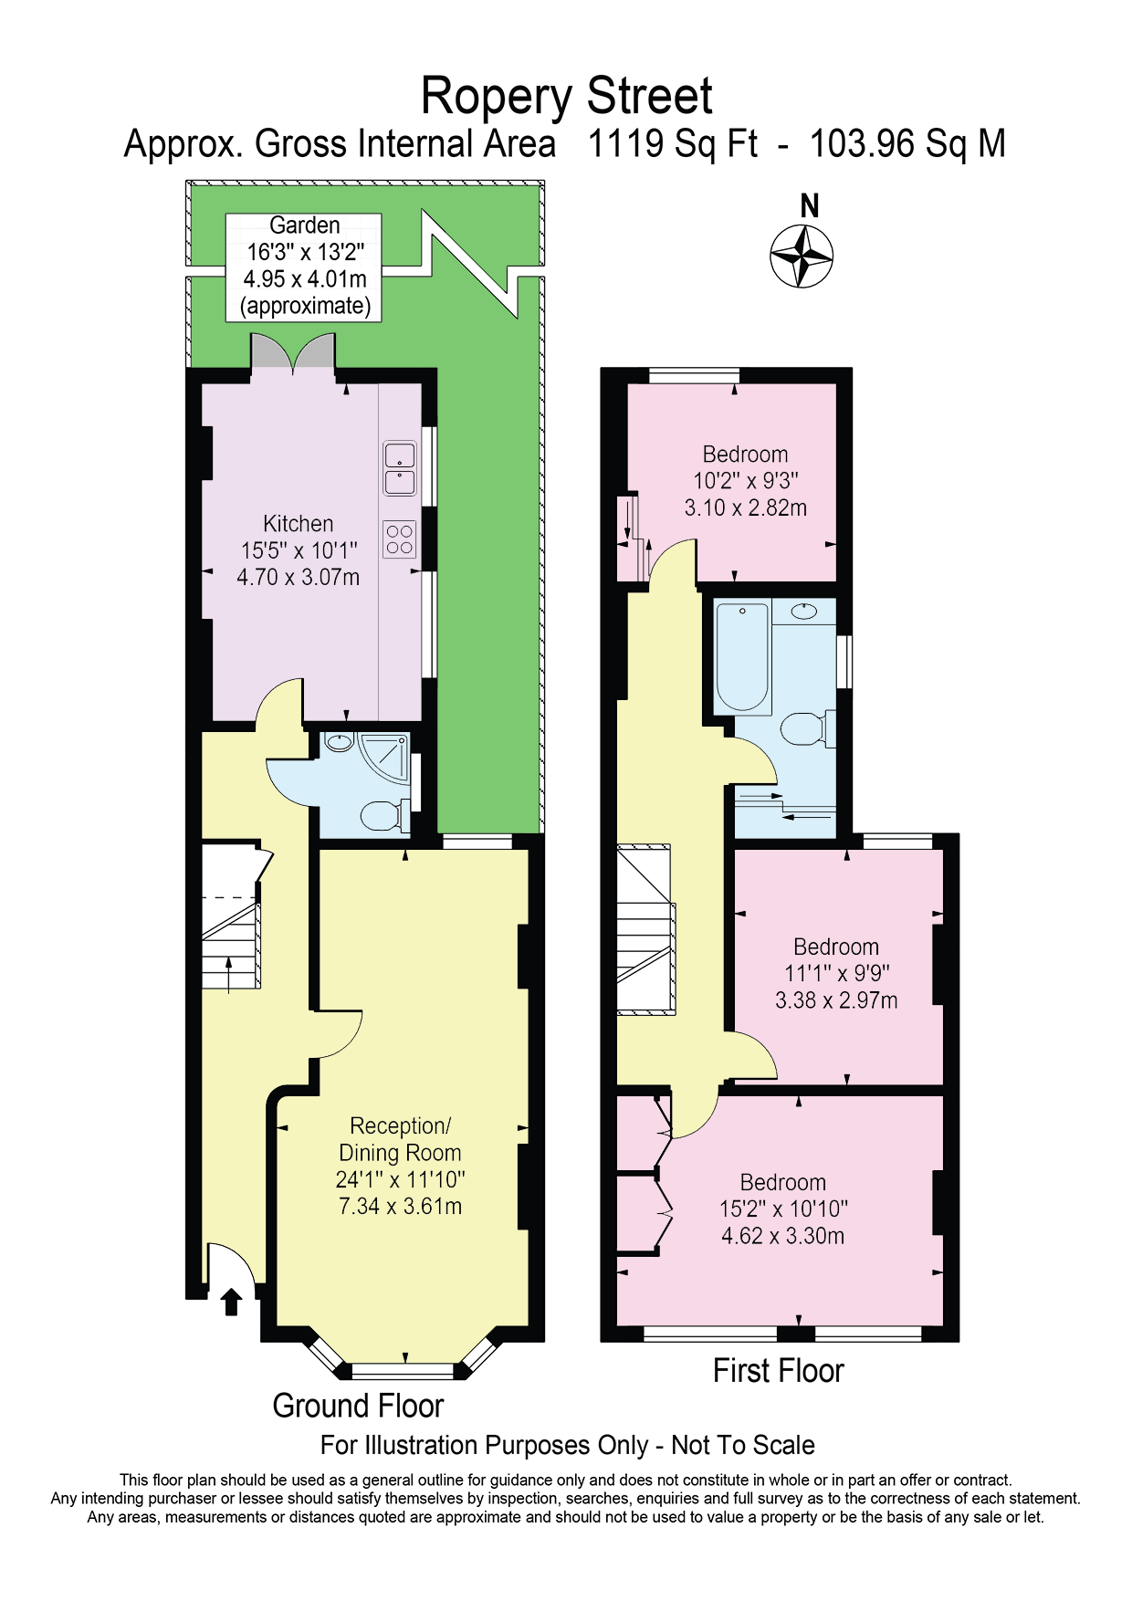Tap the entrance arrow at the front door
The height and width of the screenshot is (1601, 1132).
click(231, 1301)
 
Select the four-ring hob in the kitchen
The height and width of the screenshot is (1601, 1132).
click(399, 539)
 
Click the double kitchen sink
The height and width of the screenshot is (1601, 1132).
click(400, 468)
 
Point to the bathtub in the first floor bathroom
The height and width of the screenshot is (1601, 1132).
click(742, 657)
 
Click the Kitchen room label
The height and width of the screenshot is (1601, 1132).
click(298, 524)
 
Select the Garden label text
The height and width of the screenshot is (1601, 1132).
click(305, 225)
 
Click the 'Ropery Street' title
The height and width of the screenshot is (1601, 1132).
click(566, 96)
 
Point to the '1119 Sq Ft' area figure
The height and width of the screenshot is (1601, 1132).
click(673, 144)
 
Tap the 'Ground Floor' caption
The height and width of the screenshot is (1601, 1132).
click(358, 1406)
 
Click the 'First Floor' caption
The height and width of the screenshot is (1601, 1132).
click(778, 1371)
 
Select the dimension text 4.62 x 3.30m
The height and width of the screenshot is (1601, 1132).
click(782, 1236)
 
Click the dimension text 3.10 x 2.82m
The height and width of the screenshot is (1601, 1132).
click(746, 508)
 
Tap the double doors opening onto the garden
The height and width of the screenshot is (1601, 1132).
click(293, 353)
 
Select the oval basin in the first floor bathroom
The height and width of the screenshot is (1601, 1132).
click(803, 611)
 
